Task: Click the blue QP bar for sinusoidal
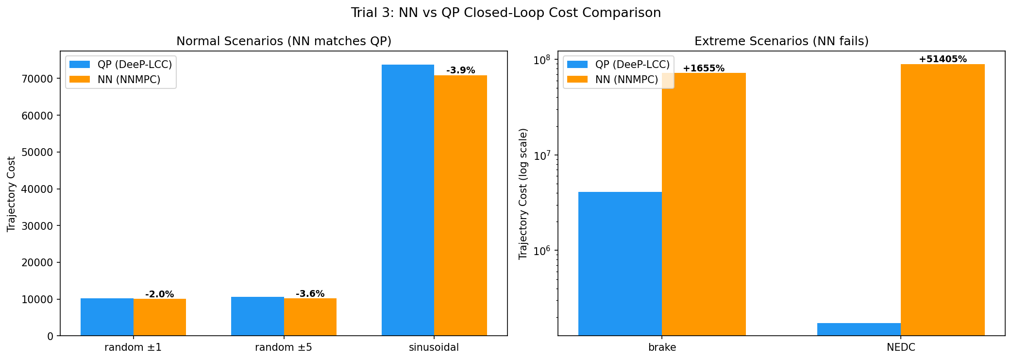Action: point(407,200)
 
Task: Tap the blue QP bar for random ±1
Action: point(107,317)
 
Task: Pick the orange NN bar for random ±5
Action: point(310,317)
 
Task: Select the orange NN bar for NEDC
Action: point(942,199)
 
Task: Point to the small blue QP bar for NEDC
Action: point(859,329)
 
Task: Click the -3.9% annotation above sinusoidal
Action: point(460,70)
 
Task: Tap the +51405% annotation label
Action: point(943,59)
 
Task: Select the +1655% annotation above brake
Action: point(703,69)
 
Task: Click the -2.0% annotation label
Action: point(159,294)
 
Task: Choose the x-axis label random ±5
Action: point(284,347)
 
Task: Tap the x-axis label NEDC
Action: point(901,347)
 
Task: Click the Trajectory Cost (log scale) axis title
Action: point(523,193)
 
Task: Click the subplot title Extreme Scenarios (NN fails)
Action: point(781,41)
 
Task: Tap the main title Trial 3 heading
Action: point(506,13)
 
